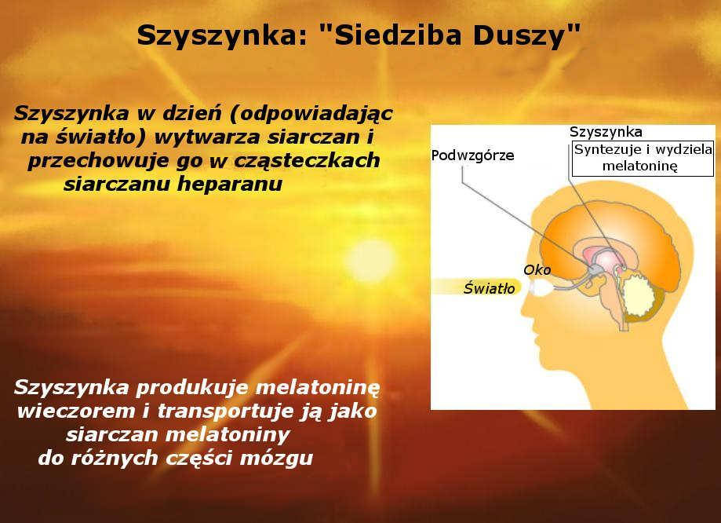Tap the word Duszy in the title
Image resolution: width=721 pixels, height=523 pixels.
pyautogui.click(x=526, y=36)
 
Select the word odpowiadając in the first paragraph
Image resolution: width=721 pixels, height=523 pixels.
pyautogui.click(x=311, y=114)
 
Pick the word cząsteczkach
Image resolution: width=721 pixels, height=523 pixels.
pyautogui.click(x=308, y=161)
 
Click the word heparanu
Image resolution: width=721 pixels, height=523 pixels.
pyautogui.click(x=230, y=185)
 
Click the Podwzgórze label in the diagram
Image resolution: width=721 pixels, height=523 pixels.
pyautogui.click(x=473, y=155)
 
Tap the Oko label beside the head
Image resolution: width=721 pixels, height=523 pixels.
pyautogui.click(x=537, y=270)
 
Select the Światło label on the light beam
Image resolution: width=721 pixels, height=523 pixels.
pyautogui.click(x=490, y=289)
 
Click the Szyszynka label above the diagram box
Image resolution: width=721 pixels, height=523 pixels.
pyautogui.click(x=606, y=132)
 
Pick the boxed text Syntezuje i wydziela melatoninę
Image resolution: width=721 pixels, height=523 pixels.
pyautogui.click(x=643, y=159)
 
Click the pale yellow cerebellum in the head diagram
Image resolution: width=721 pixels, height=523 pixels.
pyautogui.click(x=639, y=295)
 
